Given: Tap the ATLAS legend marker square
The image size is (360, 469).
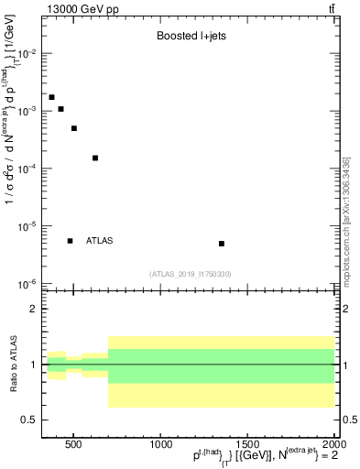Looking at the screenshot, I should pyautogui.click(x=71, y=241).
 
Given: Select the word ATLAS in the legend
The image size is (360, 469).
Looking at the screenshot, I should pyautogui.click(x=99, y=241).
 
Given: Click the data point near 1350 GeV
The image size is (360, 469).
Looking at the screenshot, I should pyautogui.click(x=222, y=244).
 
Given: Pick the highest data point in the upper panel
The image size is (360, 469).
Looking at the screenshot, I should pyautogui.click(x=51, y=97).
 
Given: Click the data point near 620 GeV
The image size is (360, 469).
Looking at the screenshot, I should pyautogui.click(x=95, y=158).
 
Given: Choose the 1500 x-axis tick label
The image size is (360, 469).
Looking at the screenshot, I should pyautogui.click(x=247, y=446).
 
